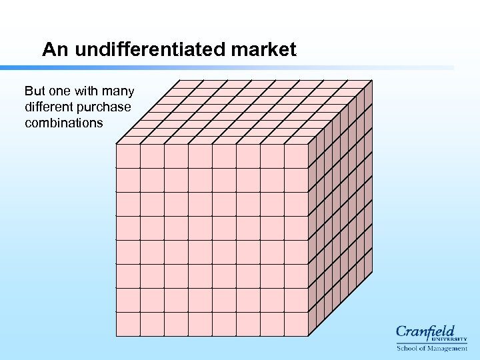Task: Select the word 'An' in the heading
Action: click(55, 49)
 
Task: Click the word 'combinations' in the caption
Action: click(63, 123)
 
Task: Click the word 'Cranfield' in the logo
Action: click(425, 331)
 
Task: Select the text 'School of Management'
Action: click(432, 349)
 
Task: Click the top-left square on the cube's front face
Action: click(128, 156)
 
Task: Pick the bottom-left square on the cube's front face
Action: click(128, 324)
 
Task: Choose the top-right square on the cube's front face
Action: click(296, 156)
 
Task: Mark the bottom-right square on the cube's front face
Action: click(296, 324)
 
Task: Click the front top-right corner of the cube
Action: click(309, 144)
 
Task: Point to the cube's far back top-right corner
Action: click(372, 81)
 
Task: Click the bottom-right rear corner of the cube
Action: click(372, 273)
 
